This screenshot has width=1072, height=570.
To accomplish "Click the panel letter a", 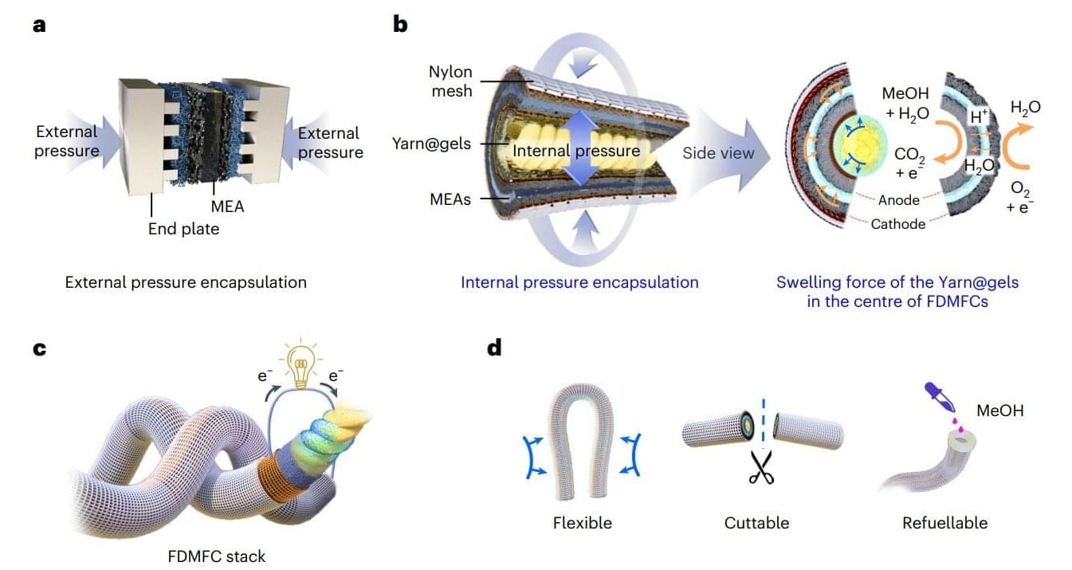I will click(x=40, y=25).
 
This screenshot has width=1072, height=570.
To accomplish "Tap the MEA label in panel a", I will click(x=229, y=206).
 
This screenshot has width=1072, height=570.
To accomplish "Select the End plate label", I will click(x=183, y=230).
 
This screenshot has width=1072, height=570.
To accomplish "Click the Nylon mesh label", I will click(x=450, y=81).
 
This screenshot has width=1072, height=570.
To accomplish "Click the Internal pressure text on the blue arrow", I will click(x=576, y=151).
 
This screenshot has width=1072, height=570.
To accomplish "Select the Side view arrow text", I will click(x=718, y=153).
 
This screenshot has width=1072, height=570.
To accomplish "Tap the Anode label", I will click(x=897, y=201).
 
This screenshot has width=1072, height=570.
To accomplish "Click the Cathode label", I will click(x=898, y=224).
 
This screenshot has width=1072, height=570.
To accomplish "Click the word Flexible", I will click(x=583, y=523).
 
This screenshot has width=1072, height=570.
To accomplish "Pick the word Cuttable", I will click(x=756, y=523).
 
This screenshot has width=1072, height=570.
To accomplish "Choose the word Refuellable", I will click(x=944, y=523).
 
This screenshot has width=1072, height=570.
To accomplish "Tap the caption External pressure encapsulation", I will click(x=186, y=282).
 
